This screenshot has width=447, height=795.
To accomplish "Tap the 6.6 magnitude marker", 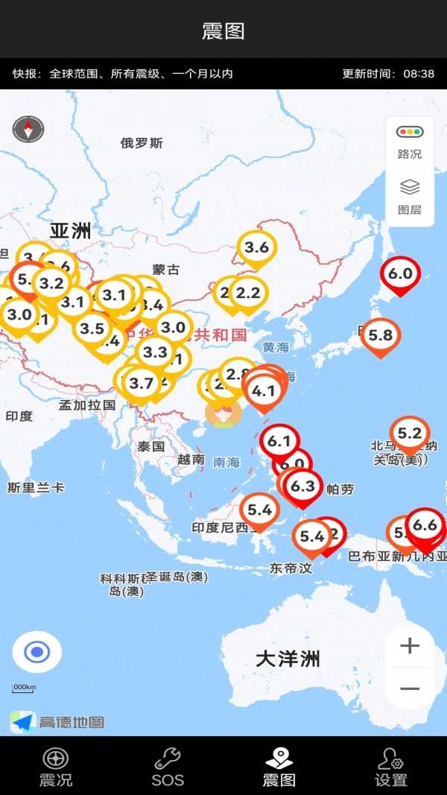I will click(x=425, y=526).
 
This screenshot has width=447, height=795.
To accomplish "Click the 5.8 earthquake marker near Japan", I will click(x=380, y=336).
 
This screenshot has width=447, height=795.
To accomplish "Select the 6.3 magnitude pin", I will click(x=303, y=487).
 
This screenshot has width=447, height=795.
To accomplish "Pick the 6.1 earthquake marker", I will click(x=279, y=442).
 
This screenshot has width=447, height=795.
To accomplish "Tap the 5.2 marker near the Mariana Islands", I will click(x=410, y=434).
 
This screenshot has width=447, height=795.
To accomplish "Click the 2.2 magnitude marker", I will click(x=248, y=294).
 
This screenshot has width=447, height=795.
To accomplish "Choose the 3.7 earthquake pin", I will click(x=141, y=384).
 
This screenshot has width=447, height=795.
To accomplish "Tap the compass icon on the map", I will click(x=28, y=129).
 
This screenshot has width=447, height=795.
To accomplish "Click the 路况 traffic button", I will click(x=410, y=141).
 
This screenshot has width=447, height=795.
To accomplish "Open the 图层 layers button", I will click(x=410, y=197).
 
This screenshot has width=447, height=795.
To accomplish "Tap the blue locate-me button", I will click(x=37, y=653).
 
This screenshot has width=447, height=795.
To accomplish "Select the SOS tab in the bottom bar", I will click(x=168, y=767).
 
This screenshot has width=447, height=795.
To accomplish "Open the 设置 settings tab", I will click(x=391, y=767).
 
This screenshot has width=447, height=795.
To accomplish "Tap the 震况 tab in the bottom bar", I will click(x=56, y=767).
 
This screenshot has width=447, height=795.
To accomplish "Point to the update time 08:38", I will click(x=419, y=74).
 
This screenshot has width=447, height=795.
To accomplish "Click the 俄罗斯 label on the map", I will click(x=142, y=143).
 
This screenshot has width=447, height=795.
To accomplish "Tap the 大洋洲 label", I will click(x=288, y=659).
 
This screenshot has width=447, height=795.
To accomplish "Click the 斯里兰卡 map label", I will click(x=36, y=488).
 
